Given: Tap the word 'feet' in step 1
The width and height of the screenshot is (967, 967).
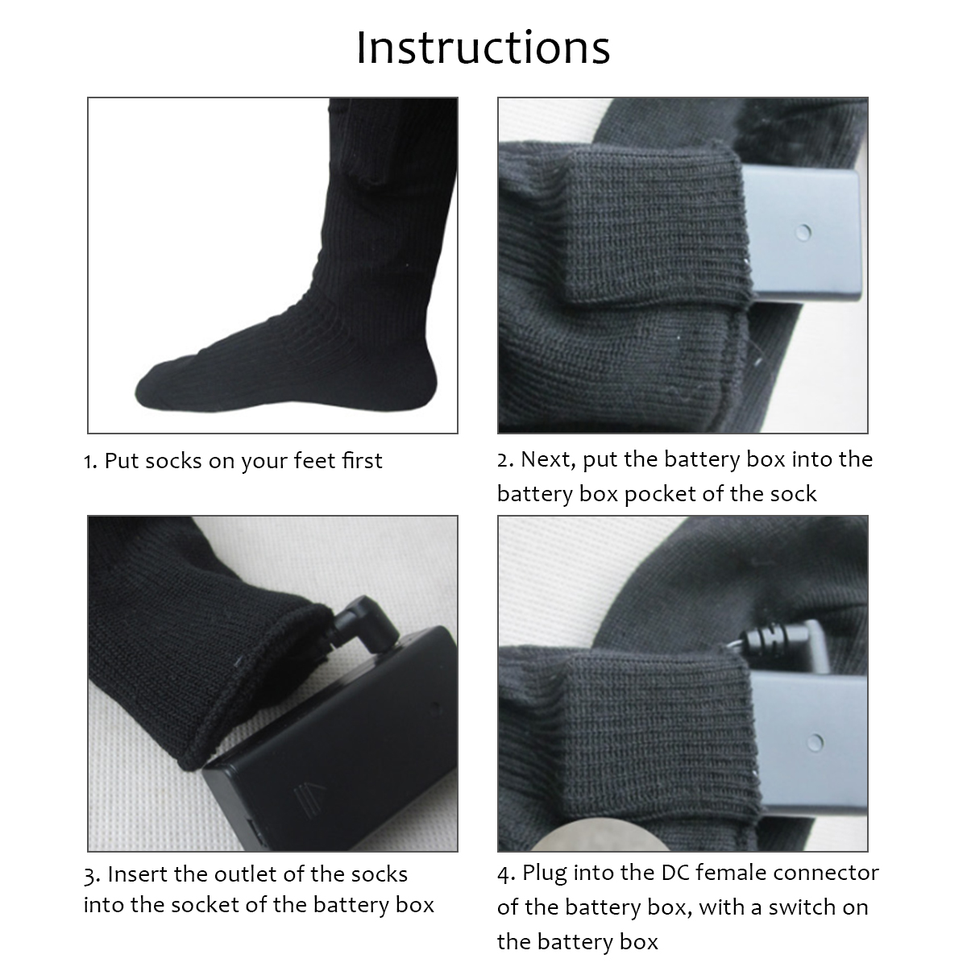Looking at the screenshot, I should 316,461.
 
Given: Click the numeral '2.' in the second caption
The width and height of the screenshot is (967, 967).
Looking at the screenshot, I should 505,459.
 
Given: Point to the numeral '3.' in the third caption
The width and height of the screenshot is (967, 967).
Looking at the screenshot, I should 92,874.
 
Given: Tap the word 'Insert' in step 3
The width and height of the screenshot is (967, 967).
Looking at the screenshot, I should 138,874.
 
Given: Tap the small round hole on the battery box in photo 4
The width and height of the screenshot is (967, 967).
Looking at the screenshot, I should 816,742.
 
